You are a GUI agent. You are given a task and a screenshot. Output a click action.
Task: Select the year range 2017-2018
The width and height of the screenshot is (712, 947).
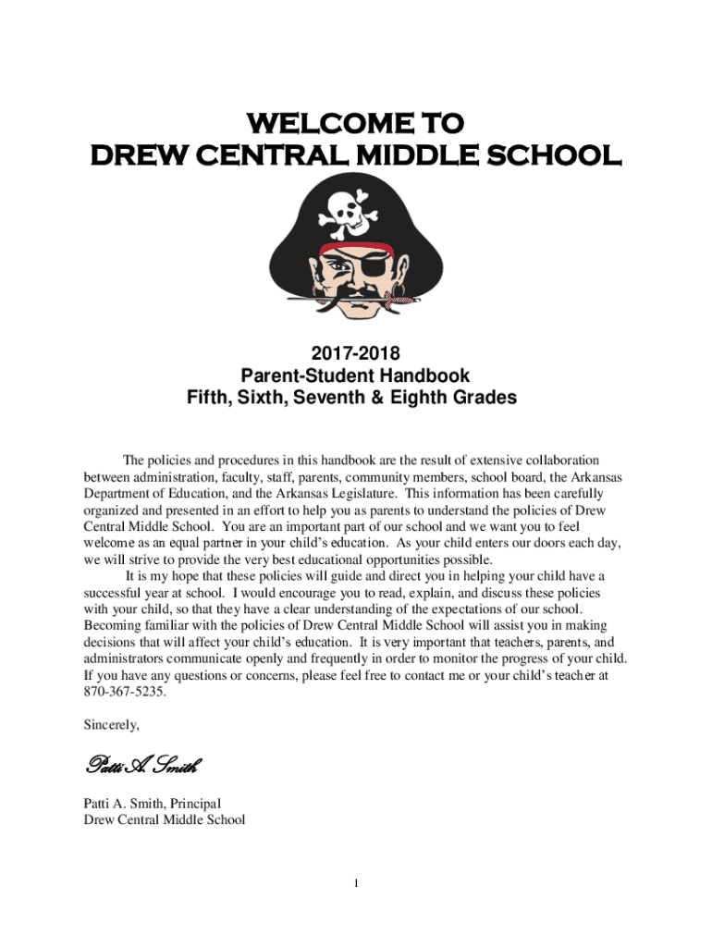tap(355, 353)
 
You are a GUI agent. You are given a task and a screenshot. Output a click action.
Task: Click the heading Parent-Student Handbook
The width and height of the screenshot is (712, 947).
tap(355, 376)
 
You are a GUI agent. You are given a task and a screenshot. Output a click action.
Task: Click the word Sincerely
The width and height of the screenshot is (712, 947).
tap(111, 724)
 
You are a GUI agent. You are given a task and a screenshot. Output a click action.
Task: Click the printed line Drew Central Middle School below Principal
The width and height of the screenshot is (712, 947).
tap(164, 819)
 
